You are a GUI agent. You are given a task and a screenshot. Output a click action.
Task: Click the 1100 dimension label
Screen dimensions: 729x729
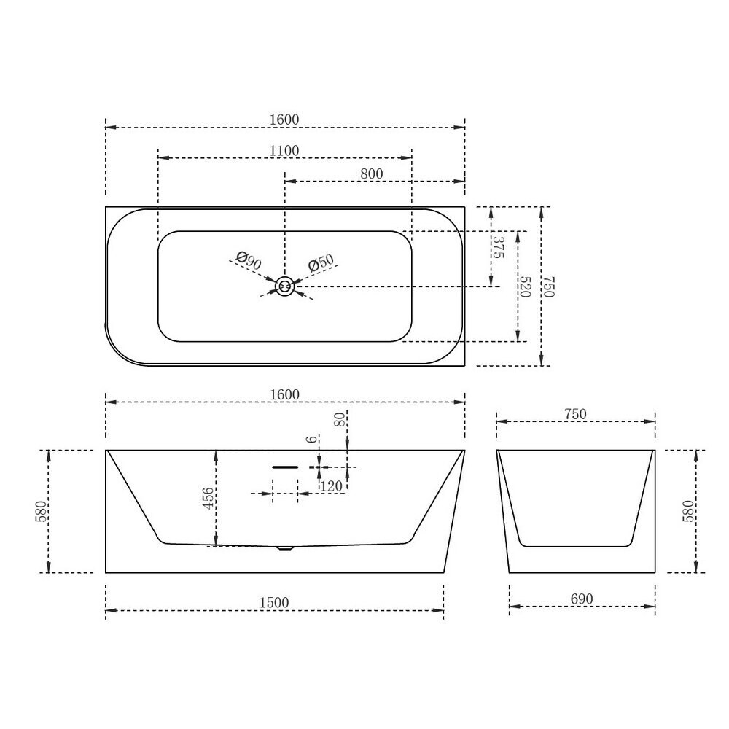click(284, 151)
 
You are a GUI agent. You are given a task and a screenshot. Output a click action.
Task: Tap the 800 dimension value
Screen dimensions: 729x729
click(372, 174)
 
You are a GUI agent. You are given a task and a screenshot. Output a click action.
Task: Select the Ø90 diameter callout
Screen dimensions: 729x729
click(249, 260)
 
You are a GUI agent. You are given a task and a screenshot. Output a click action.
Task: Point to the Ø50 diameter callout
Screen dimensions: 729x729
click(321, 262)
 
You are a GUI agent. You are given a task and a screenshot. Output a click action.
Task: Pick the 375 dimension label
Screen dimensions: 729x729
click(498, 247)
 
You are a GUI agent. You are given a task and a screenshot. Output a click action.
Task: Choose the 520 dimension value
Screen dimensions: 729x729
click(525, 286)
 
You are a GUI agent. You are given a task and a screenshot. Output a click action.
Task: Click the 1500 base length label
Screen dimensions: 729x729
click(274, 603)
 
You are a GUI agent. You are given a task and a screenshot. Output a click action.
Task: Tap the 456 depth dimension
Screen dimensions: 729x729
click(208, 498)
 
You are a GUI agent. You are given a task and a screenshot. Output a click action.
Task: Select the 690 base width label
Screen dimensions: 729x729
click(582, 599)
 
